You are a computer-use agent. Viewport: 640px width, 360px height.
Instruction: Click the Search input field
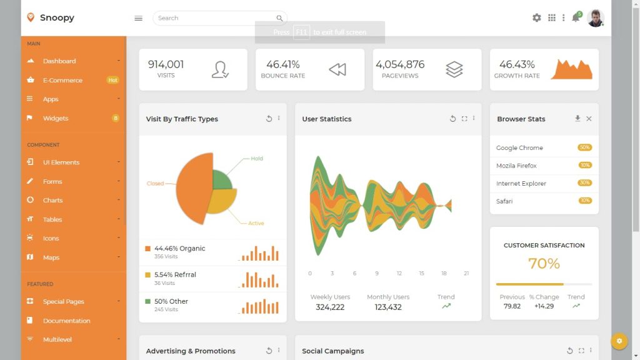click(216, 18)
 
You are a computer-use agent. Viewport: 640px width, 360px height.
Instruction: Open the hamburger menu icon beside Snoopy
click(139, 18)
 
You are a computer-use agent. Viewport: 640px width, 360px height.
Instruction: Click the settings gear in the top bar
click(537, 18)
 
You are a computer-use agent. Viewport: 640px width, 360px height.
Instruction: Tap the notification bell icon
click(576, 18)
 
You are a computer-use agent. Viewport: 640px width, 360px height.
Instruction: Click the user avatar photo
click(596, 18)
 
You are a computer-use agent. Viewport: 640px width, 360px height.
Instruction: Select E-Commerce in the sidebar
click(62, 80)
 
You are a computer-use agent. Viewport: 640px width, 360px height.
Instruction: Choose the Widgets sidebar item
click(56, 118)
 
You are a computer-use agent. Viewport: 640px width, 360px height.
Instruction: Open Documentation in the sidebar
click(66, 321)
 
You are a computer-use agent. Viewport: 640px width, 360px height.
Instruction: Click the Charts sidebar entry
click(53, 200)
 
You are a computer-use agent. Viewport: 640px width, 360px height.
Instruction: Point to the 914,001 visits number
click(166, 64)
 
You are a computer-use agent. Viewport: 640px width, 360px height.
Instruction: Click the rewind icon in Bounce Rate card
click(337, 70)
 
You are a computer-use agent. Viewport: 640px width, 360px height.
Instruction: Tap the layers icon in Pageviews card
click(454, 69)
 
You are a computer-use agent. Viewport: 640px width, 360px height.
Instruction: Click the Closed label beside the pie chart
click(155, 184)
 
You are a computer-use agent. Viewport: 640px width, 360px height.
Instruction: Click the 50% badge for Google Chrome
click(584, 147)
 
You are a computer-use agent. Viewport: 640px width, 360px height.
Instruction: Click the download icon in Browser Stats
click(577, 119)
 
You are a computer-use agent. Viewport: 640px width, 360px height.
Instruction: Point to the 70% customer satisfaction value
click(544, 264)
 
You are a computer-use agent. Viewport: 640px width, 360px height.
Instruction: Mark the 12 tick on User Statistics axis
click(399, 273)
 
